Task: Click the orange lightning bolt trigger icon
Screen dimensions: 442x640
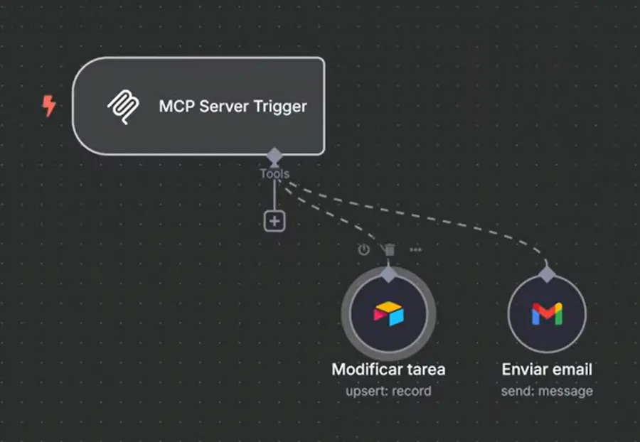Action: (x=48, y=107)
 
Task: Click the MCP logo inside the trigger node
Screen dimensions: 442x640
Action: (x=123, y=107)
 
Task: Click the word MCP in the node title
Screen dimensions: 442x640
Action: (x=175, y=107)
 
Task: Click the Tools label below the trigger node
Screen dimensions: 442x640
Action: (x=274, y=173)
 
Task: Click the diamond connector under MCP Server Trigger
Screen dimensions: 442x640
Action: (x=274, y=155)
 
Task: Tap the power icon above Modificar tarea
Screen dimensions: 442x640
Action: (x=363, y=249)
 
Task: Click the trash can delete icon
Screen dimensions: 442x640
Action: (x=389, y=249)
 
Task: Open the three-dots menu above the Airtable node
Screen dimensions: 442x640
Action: (x=415, y=249)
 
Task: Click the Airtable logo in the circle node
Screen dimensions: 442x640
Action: (x=388, y=313)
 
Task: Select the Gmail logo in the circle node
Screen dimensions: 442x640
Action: (x=546, y=313)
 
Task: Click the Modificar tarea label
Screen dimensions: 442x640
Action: (x=388, y=370)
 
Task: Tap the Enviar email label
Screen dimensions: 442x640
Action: (x=546, y=370)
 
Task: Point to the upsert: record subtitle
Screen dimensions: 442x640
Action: (x=388, y=391)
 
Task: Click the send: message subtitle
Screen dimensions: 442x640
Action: (x=546, y=391)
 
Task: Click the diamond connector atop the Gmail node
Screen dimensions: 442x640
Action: (x=546, y=274)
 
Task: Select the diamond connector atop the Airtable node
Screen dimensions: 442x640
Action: (x=388, y=274)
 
